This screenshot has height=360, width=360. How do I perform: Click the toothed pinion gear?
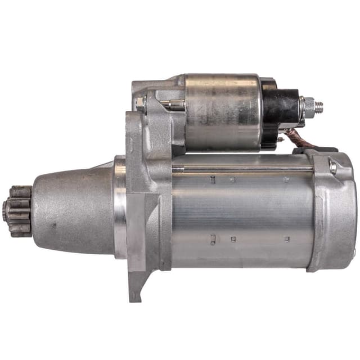tap(19, 211)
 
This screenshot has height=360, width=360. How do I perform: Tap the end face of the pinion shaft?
tap(5, 211)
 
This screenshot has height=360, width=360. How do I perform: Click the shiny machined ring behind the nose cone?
tap(120, 208)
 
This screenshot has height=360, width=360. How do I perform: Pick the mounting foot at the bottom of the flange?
tap(136, 287)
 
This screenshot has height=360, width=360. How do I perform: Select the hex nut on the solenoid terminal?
tap(308, 106)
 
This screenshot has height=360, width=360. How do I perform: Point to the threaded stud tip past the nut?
tap(320, 105)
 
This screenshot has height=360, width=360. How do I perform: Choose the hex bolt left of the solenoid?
tap(141, 103)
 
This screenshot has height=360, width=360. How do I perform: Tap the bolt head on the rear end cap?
tap(332, 166)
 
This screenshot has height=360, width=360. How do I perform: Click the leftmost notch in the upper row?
tap(213, 179)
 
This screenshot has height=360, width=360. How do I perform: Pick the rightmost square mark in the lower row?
tap(287, 239)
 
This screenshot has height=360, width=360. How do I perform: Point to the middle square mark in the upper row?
tap(232, 181)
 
